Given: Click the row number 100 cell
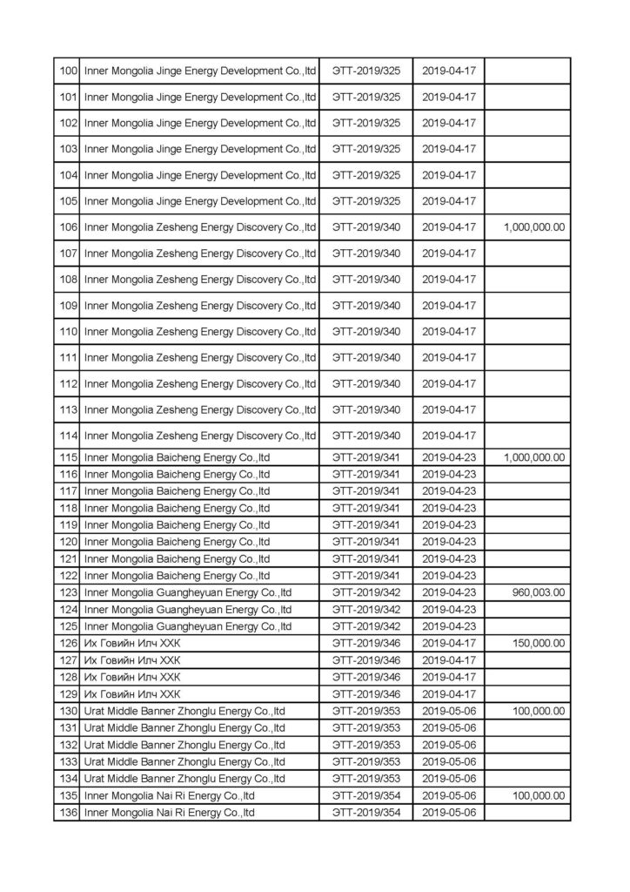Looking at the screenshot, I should [x=67, y=70].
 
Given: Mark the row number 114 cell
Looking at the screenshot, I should [x=67, y=436].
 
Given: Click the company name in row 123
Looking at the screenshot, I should [x=188, y=592].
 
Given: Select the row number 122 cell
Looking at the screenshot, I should [x=67, y=575].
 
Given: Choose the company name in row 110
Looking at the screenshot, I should [x=200, y=331].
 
